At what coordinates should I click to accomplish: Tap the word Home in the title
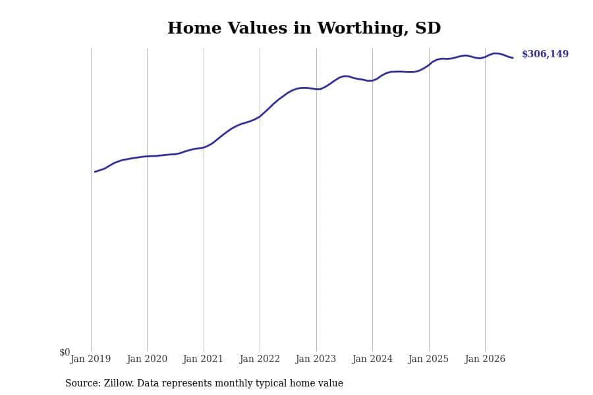tap(194, 28)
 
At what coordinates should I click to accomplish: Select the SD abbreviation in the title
tap(428, 28)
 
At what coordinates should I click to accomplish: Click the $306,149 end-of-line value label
tap(545, 54)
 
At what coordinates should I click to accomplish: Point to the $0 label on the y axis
tap(65, 352)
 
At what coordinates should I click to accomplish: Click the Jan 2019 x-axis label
tap(90, 359)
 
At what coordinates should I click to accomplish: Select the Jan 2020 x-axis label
tap(147, 359)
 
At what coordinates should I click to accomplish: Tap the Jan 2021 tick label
tap(203, 359)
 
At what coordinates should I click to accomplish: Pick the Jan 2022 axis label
tap(260, 359)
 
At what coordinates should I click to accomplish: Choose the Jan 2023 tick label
tap(316, 359)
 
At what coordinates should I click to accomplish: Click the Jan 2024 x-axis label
tap(372, 359)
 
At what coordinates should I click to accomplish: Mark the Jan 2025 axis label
tap(428, 359)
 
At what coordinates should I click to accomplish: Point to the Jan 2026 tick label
tap(485, 359)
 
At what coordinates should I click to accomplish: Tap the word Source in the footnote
tap(83, 383)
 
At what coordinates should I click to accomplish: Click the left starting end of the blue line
tap(95, 172)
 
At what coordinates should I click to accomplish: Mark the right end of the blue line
tap(513, 58)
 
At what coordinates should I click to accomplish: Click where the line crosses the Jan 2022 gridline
tap(260, 117)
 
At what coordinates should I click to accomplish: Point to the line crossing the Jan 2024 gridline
tap(372, 80)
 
